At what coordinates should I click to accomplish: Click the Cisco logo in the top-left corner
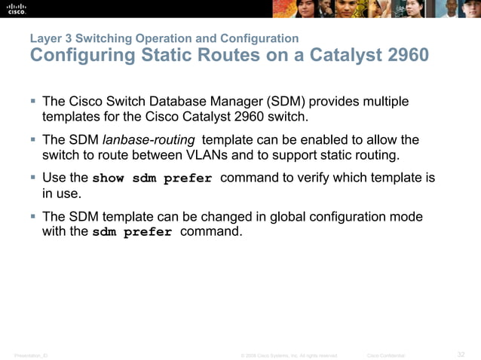tap(16, 8)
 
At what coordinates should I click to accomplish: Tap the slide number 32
tap(461, 355)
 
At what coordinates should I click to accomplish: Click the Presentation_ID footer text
tap(31, 355)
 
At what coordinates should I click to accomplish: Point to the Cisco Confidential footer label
tap(385, 355)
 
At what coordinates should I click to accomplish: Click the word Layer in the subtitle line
tap(46, 38)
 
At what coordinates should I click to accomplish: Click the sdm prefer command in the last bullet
tap(132, 233)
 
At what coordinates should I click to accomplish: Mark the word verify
tap(319, 178)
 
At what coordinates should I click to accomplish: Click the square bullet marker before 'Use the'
tap(35, 178)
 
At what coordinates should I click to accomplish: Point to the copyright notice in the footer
tap(289, 355)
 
